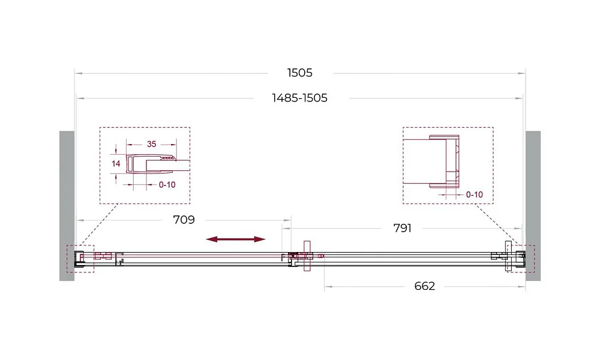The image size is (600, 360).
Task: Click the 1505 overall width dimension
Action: [299, 73]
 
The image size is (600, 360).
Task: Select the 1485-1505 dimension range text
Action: [299, 98]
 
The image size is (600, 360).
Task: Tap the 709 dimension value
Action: [184, 220]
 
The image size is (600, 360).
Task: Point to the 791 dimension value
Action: [402, 228]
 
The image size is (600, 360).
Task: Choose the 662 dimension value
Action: [424, 286]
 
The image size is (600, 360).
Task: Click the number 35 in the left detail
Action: [152, 144]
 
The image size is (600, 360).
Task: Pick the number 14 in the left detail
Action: [116, 164]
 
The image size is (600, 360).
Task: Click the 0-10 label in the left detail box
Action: [167, 185]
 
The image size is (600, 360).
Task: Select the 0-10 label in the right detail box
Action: [475, 195]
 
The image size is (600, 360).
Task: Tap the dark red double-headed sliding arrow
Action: [236, 239]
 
